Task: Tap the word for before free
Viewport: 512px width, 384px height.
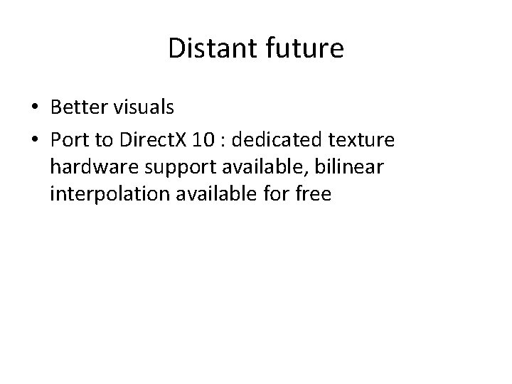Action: [278, 193]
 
